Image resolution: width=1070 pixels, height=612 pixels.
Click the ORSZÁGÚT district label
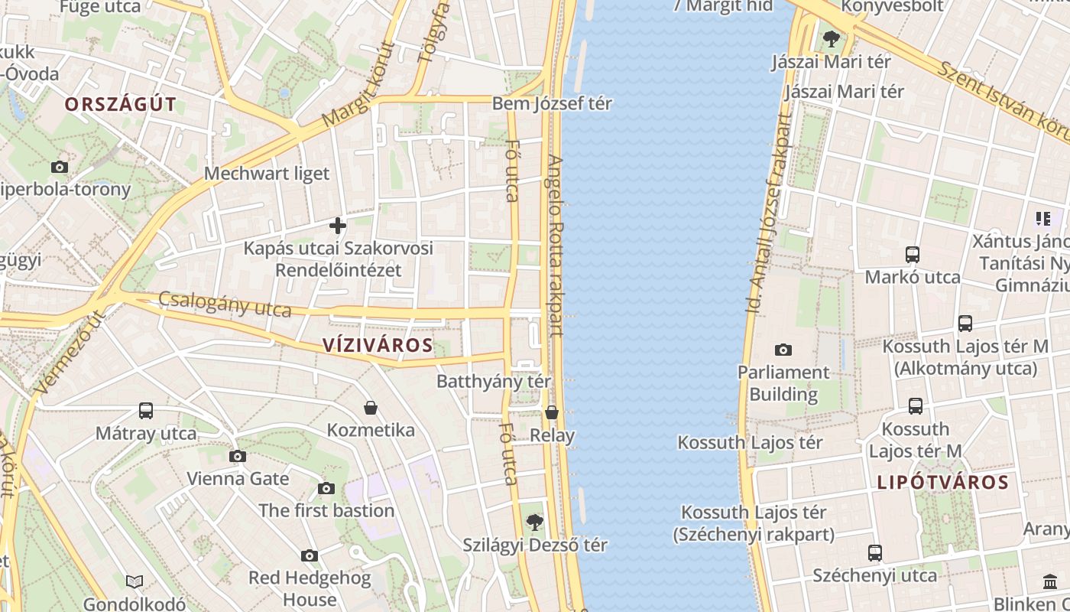[120, 105]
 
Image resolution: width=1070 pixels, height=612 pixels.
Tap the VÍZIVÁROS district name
[378, 345]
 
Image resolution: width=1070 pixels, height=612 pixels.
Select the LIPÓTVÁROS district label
[942, 483]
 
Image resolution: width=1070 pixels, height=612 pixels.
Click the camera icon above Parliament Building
[783, 350]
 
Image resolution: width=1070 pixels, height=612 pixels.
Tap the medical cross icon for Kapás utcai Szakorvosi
[337, 226]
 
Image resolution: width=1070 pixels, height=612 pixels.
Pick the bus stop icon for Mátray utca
[146, 411]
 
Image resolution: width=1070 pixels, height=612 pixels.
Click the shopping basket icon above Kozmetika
[371, 408]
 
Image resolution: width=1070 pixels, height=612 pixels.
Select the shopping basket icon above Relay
[552, 413]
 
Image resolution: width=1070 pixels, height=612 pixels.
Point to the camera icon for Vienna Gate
[238, 457]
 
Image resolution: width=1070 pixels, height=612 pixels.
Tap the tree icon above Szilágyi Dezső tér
[534, 522]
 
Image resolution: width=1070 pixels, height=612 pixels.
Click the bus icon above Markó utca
[912, 255]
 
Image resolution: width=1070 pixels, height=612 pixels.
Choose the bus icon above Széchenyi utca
[874, 552]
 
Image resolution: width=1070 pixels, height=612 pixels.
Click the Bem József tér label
[552, 103]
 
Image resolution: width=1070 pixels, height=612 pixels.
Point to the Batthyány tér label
[494, 380]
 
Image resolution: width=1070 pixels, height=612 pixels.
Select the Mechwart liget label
[267, 174]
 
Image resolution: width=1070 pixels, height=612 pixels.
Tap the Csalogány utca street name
[225, 304]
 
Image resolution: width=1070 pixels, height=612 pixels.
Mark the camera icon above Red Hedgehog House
[309, 555]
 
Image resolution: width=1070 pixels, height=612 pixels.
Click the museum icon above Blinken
[1049, 581]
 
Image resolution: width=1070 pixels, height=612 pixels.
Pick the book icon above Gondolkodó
[135, 582]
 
